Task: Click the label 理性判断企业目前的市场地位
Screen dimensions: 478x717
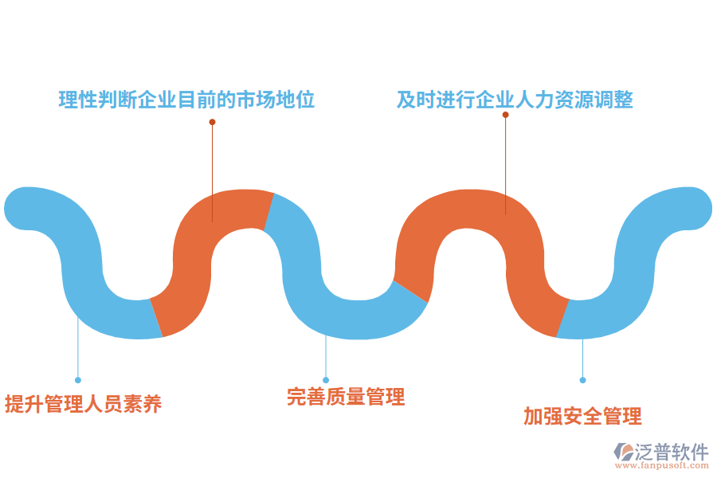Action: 187,100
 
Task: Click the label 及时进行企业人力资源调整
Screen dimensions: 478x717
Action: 515,100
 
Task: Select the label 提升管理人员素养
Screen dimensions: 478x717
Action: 83,404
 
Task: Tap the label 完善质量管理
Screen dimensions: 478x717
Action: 346,396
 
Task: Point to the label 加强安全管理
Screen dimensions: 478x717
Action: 582,416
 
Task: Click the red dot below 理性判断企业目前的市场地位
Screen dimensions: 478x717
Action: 212,122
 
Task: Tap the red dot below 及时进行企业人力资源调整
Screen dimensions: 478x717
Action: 505,115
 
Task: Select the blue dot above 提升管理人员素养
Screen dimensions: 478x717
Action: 78,380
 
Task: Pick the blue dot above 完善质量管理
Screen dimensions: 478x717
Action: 326,380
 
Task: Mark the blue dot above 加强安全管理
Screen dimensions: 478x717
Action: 582,380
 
